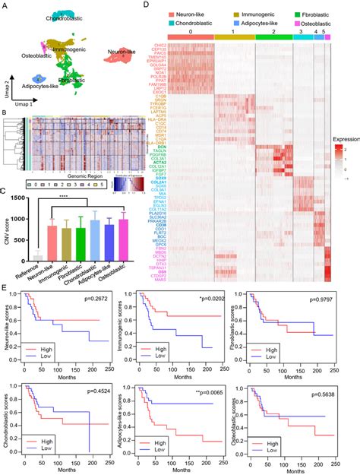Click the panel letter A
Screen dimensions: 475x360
[x=5, y=5]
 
